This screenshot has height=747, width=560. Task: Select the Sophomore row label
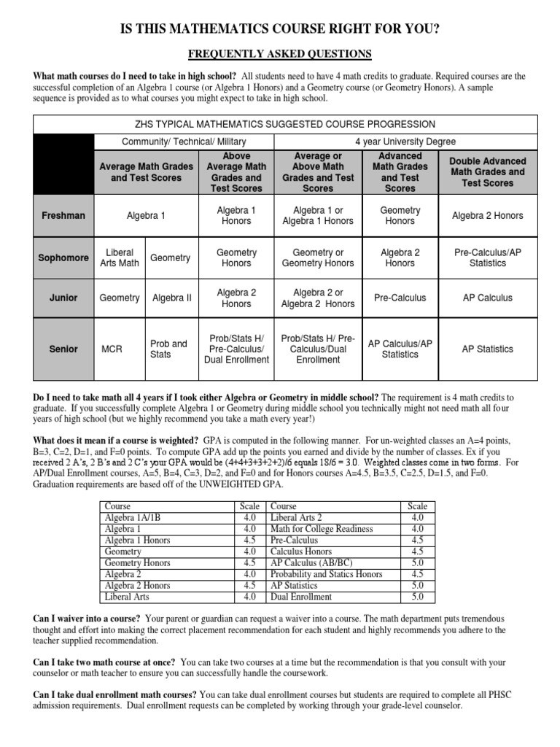coord(63,258)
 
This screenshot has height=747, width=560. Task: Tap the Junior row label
coord(63,298)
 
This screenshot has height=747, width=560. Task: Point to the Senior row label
coord(63,349)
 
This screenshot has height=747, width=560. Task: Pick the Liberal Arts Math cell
coord(120,258)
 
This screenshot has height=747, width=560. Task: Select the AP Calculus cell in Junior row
coord(487,298)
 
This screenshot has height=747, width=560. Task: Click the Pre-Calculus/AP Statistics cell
coord(487,258)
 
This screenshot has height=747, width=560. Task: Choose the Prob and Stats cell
coord(168,349)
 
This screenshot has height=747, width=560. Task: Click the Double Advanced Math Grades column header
coord(487,172)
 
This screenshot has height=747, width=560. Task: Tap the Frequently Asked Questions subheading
coord(280,53)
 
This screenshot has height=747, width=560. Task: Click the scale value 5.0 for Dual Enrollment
coord(417,596)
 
